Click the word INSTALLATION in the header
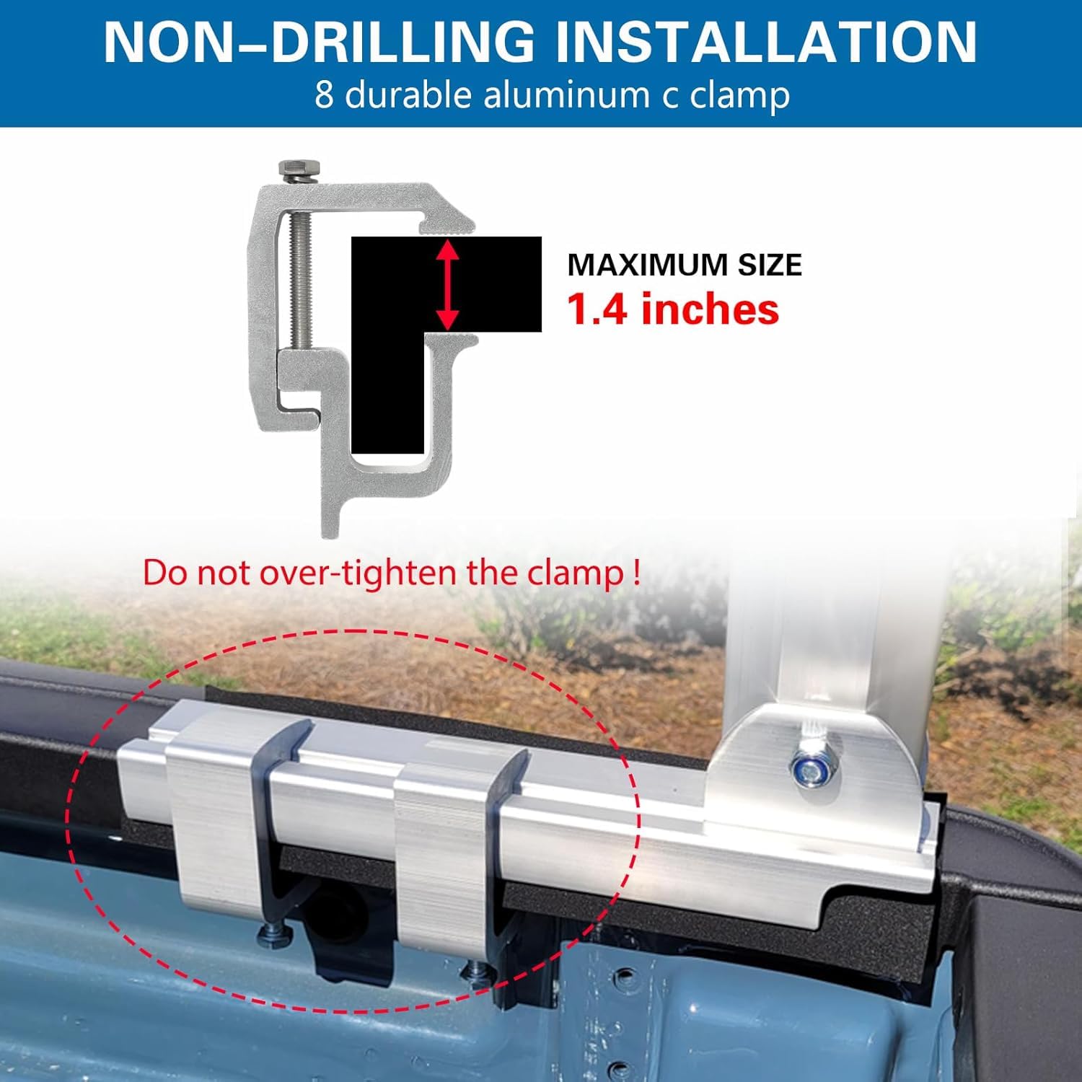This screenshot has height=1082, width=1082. coord(766,41)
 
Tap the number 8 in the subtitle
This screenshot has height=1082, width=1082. coord(324,95)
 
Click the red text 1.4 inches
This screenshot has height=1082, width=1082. coord(673,309)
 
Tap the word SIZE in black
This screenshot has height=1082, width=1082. coord(769,265)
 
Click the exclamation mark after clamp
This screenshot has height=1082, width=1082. coord(635,571)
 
